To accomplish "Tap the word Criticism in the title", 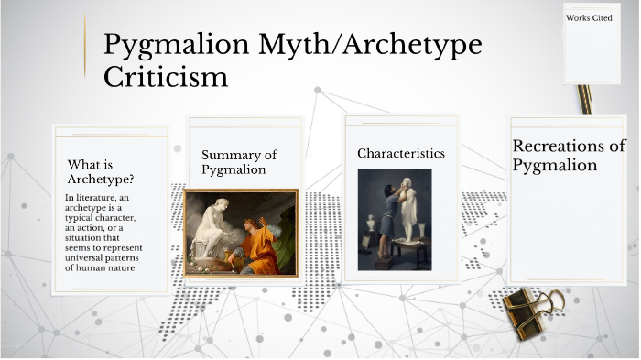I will pos(166,77).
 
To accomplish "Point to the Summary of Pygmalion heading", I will pos(239,162).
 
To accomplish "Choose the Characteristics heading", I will pos(401,153).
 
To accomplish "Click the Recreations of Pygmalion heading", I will pos(569,156).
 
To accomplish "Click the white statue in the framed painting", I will pos(212,225).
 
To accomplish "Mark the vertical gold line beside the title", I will pos(85,53).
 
